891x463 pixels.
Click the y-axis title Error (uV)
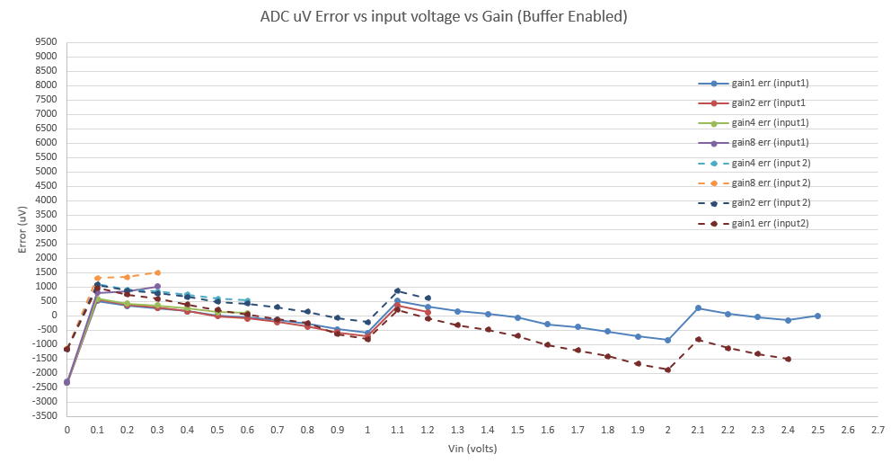pos(22,228)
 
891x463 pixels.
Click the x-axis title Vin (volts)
pos(472,448)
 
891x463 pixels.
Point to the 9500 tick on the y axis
pos(45,41)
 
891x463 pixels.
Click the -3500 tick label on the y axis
pos(43,416)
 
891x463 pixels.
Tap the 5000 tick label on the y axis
pos(45,172)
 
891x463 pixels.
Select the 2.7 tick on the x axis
pos(878,431)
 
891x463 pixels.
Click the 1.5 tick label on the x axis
pos(517,431)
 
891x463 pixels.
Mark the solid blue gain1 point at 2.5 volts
pos(817,316)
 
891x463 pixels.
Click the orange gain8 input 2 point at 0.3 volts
pos(157,272)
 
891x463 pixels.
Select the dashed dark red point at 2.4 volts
pos(788,359)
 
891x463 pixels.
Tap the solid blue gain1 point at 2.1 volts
pos(698,307)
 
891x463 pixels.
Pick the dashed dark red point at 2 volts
pos(667,370)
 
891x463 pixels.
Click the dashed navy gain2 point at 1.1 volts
pos(397,290)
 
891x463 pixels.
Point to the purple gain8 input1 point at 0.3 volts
pos(157,287)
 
